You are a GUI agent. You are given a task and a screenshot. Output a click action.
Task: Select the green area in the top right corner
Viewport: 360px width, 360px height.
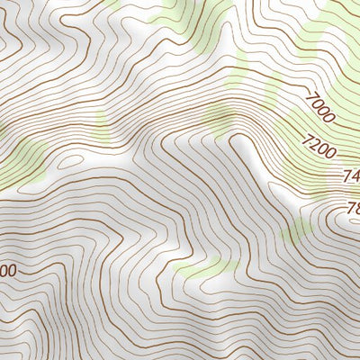(337, 36)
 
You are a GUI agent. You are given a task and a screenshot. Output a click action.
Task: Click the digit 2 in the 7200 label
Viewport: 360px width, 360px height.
(316, 142)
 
